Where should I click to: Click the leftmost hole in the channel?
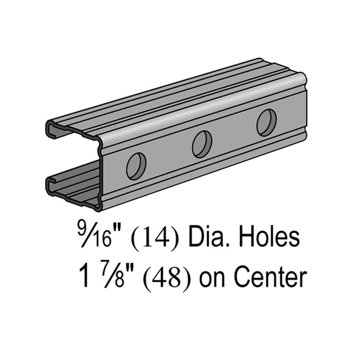pos(136,166)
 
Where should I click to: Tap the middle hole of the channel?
pos(202,144)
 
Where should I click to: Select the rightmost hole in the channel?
pos(267,122)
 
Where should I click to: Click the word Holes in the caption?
pos(270,237)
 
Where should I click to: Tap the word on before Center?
pos(212,280)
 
